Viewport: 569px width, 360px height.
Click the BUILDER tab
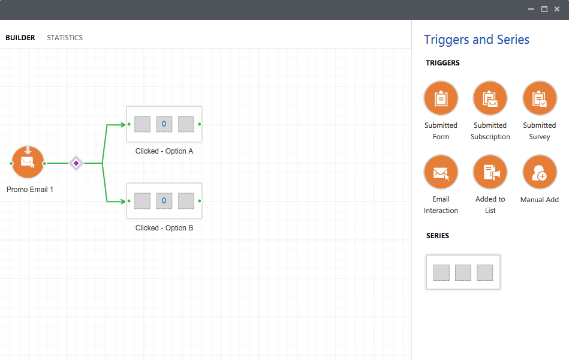coord(20,38)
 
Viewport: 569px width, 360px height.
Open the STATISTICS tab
coord(65,38)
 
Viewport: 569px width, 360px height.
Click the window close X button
coord(557,9)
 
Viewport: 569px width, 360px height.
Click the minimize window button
coord(531,9)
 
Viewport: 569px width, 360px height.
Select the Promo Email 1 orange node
coord(28,163)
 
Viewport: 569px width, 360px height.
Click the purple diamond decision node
coord(76,163)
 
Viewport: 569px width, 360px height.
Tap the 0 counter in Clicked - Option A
coord(164,124)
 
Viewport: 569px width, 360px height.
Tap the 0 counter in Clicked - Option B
coord(164,201)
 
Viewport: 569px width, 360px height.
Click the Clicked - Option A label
coord(164,151)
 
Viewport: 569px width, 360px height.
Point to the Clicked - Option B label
coord(164,228)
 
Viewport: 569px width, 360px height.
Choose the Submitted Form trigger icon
coord(441,98)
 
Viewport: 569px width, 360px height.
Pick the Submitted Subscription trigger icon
coord(490,98)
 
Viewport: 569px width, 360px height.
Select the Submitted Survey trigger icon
coord(540,98)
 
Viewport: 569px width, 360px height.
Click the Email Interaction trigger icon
coord(441,172)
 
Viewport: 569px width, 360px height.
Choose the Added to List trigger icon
coord(490,172)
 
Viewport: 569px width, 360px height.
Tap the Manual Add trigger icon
coord(540,172)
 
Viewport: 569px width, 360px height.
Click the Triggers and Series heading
coord(477,40)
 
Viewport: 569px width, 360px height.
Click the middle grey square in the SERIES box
coord(463,272)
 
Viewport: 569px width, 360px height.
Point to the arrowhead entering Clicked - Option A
coord(122,125)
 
